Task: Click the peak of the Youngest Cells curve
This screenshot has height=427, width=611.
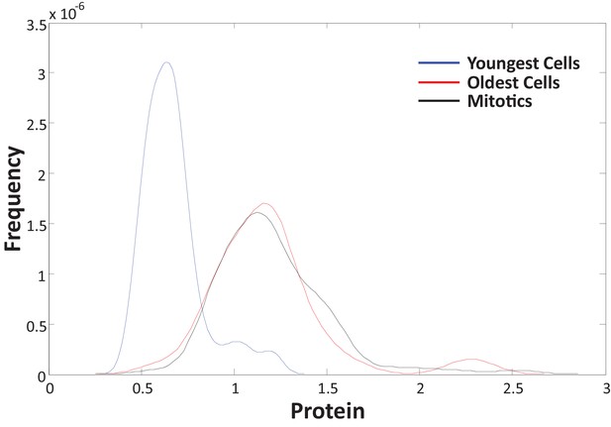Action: click(166, 62)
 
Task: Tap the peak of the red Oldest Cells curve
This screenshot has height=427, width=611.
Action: click(264, 203)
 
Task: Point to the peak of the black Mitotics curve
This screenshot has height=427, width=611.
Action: click(256, 213)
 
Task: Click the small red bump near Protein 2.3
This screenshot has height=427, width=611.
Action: click(471, 360)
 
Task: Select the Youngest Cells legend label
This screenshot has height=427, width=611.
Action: click(523, 63)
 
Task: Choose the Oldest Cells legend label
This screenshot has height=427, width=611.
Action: click(513, 82)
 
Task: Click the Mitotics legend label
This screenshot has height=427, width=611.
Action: click(499, 101)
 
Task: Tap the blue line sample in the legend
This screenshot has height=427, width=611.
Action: click(439, 62)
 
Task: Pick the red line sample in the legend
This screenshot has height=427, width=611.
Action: click(439, 82)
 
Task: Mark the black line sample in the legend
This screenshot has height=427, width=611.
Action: click(439, 101)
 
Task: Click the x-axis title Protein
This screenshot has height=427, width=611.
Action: click(328, 410)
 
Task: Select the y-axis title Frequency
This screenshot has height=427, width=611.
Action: click(13, 199)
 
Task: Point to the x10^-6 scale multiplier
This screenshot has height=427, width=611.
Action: click(66, 11)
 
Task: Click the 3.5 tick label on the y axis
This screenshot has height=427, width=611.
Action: click(37, 26)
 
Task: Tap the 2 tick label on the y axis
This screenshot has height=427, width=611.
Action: click(42, 173)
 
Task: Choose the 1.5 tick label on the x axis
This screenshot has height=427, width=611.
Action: click(328, 388)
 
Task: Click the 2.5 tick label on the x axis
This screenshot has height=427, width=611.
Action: click(513, 388)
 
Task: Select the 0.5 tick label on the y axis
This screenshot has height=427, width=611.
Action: click(37, 325)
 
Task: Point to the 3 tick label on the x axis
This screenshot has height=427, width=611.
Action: click(606, 388)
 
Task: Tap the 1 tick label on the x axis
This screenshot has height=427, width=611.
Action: click(235, 388)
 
